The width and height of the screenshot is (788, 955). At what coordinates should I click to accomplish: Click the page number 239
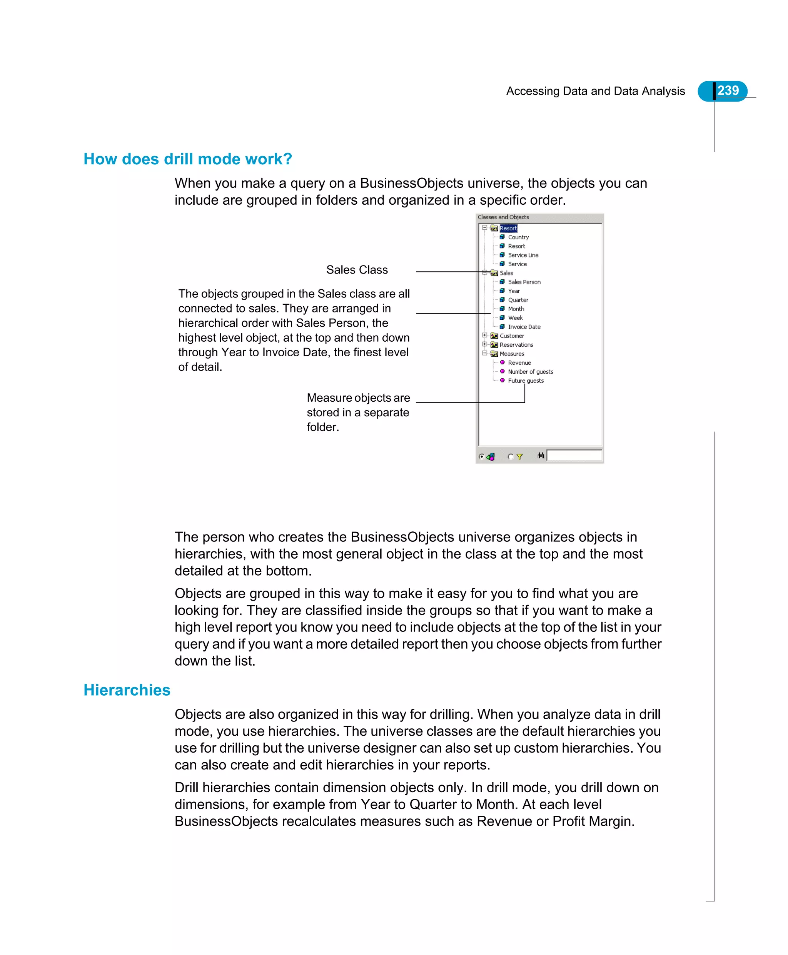point(728,91)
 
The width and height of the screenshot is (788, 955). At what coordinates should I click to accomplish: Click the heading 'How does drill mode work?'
point(187,159)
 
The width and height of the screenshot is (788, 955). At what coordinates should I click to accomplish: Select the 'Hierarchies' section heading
point(127,690)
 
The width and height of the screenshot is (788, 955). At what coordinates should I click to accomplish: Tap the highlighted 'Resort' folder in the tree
point(508,228)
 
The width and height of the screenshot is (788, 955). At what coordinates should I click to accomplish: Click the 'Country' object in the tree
point(518,237)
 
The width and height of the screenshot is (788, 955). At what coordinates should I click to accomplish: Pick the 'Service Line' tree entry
point(523,255)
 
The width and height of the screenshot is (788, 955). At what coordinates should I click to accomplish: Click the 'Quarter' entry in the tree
point(518,300)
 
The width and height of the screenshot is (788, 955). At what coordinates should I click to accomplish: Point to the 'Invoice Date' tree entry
point(524,327)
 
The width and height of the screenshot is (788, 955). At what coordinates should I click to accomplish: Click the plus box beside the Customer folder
point(484,336)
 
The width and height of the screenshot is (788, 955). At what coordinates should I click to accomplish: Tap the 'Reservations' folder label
point(516,345)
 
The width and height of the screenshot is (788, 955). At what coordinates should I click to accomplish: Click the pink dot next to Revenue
point(503,362)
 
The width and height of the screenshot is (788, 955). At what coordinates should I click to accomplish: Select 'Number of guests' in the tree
point(530,372)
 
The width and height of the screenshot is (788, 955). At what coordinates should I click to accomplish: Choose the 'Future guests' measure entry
point(526,381)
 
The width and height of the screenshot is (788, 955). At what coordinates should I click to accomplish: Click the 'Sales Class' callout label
point(357,270)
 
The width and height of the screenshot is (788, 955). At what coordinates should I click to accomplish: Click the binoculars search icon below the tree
point(541,455)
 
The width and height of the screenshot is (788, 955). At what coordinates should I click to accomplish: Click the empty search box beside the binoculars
point(574,455)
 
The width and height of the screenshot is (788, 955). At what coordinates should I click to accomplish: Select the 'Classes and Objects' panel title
point(503,217)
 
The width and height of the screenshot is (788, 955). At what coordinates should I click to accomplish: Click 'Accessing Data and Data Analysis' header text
point(595,91)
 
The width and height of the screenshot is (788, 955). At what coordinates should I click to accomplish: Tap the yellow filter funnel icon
point(519,457)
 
